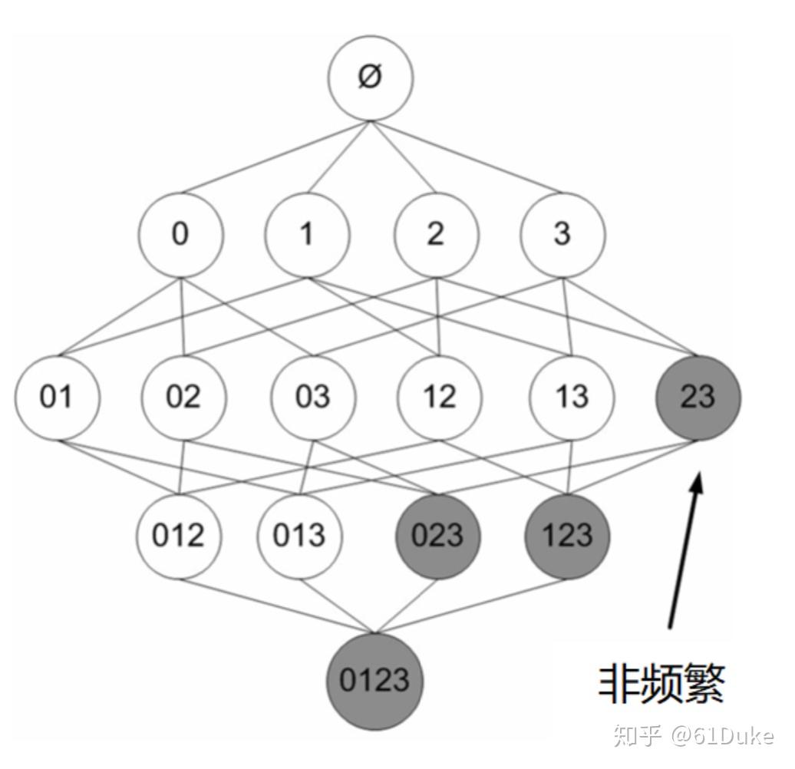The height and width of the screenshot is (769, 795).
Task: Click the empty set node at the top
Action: click(x=371, y=78)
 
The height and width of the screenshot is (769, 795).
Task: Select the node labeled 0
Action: click(x=181, y=234)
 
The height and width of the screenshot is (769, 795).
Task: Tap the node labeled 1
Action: click(x=307, y=234)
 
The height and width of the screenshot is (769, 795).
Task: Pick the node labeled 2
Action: click(x=435, y=234)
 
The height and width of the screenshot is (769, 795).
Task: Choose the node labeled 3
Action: click(x=562, y=234)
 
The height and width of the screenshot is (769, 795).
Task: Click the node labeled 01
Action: click(x=57, y=397)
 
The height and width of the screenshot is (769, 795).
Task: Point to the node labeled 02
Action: click(x=183, y=397)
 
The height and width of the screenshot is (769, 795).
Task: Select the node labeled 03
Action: click(x=312, y=397)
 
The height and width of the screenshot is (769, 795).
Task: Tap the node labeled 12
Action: click(x=440, y=397)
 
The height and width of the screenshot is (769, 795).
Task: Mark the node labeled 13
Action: click(x=571, y=397)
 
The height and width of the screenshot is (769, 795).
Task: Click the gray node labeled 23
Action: click(x=698, y=397)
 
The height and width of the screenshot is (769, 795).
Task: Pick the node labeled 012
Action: click(x=179, y=535)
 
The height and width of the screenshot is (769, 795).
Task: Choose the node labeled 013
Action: click(x=299, y=535)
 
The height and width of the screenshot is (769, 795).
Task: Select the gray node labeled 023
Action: click(x=437, y=535)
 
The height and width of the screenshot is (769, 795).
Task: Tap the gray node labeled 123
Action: click(x=567, y=535)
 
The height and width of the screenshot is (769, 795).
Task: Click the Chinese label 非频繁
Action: click(x=661, y=682)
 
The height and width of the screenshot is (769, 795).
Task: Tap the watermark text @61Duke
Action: click(x=723, y=737)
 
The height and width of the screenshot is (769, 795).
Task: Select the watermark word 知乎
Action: click(x=638, y=737)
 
